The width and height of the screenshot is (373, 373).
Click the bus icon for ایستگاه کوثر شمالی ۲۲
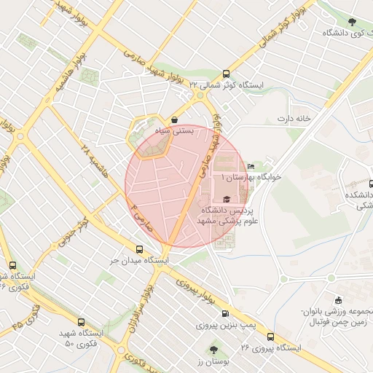[x=225, y=74]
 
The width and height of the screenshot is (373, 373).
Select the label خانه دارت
[x=294, y=117]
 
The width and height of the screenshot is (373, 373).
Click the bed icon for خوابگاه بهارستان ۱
[x=251, y=167]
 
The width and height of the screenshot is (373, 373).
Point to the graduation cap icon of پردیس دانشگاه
[x=226, y=199]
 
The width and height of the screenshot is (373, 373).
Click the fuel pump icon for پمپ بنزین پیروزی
[x=234, y=313]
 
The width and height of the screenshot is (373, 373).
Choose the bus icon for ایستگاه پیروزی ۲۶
[x=270, y=337]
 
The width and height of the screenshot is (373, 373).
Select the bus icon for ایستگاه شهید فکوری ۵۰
[x=80, y=321]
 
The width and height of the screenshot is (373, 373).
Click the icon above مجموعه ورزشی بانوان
[x=337, y=300]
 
